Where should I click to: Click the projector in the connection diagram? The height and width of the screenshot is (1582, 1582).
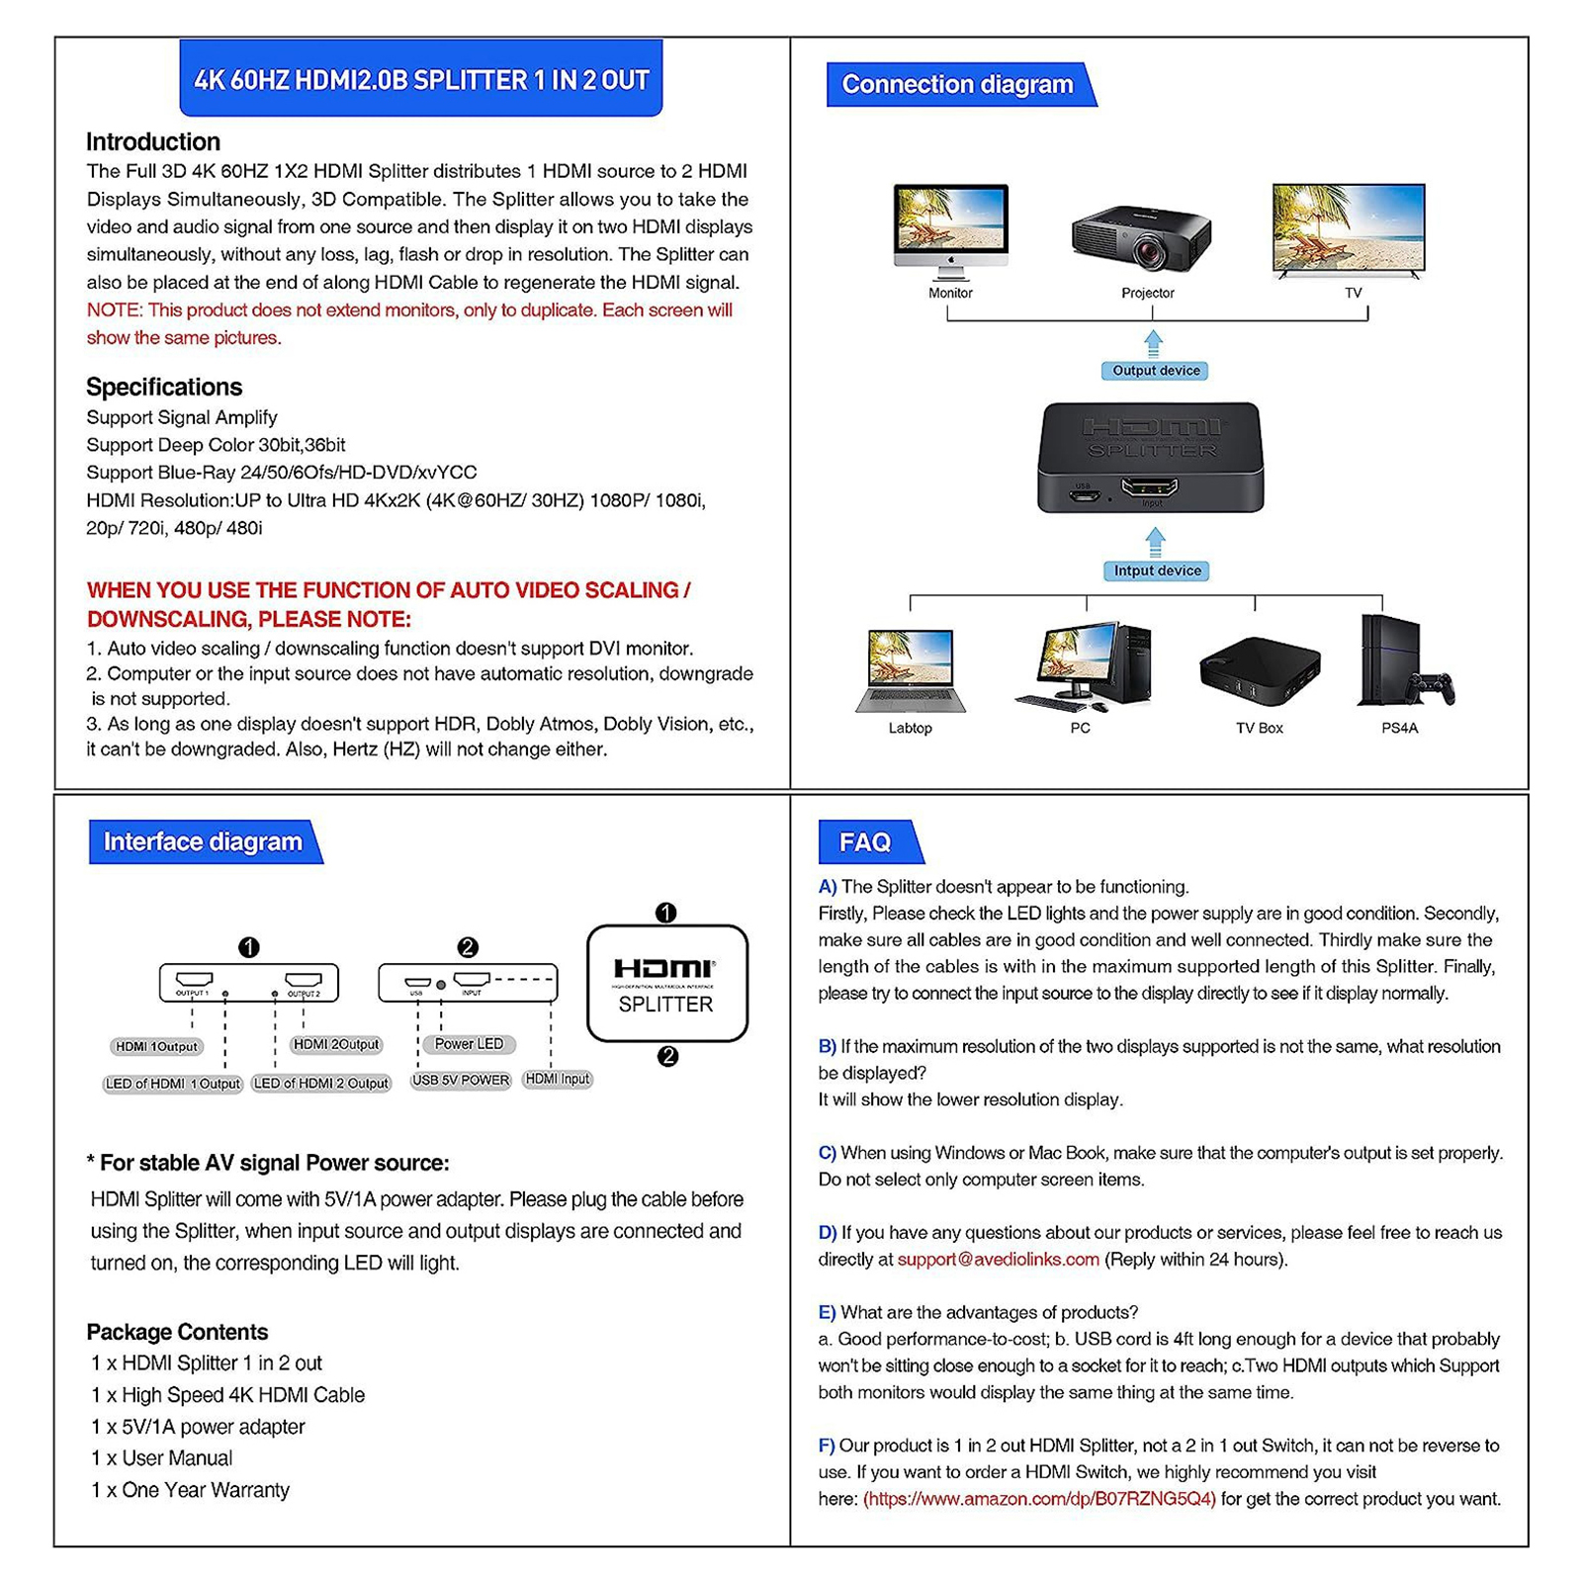coord(1142,238)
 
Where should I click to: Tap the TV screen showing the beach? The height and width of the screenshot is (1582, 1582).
coord(1349,226)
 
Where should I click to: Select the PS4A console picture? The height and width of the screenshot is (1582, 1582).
coord(1402,661)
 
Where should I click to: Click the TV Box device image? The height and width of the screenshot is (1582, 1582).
coord(1259,670)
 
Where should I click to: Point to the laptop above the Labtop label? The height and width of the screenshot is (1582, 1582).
coord(910,670)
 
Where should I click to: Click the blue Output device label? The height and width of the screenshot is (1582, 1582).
coord(1155,371)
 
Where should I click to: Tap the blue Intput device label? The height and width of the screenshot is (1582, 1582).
coord(1156,571)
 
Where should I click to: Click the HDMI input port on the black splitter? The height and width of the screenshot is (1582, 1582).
coord(1150,487)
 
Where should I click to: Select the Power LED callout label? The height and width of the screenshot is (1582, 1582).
coord(469,1044)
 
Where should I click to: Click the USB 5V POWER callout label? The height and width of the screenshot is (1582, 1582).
coord(461,1080)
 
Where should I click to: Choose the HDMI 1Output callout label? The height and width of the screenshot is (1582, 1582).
coord(156,1046)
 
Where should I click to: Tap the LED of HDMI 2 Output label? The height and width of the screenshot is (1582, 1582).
coord(321,1084)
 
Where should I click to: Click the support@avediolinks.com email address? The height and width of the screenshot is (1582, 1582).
coord(998,1260)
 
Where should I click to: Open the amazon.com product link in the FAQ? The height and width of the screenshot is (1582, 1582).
coord(1039,1499)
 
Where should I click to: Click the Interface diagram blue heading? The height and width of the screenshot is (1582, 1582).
coord(203,841)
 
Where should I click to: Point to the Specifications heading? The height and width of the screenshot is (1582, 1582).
coord(164,387)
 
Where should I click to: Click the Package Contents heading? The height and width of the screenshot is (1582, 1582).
coord(177,1332)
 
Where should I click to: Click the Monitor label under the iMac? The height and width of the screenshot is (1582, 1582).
coord(950,293)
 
